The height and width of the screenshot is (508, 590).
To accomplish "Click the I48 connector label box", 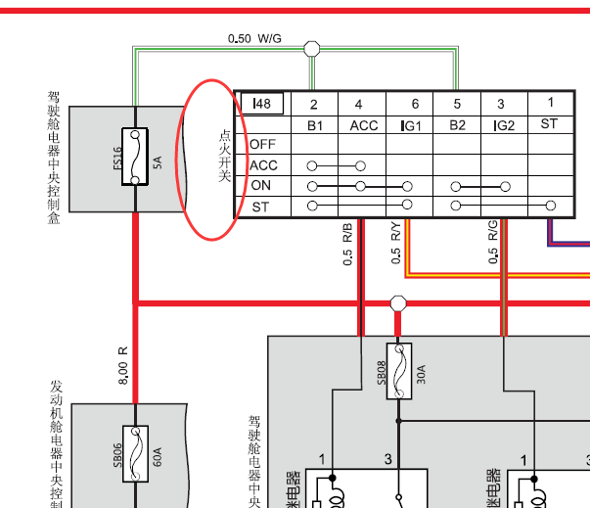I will tap(261, 104).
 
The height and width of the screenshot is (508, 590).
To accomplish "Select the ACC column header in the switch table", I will tap(363, 125).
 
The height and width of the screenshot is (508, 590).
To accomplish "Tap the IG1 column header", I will tap(410, 125).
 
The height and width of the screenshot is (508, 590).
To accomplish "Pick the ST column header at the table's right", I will tap(549, 124).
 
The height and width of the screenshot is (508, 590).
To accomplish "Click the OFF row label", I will tap(262, 144).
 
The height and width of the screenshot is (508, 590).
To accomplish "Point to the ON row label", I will tap(261, 186).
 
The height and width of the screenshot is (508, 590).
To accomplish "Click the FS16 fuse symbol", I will tap(135, 156).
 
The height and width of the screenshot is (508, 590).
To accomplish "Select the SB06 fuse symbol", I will tap(135, 452).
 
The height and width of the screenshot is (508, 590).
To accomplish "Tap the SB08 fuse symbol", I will tap(398, 370).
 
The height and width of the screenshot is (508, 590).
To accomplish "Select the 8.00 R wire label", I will tap(122, 364).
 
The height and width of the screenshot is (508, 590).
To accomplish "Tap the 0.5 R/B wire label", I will tap(347, 245).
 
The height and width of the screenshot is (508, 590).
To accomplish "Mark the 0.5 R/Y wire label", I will tap(395, 245).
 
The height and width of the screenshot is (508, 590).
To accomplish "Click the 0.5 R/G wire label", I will tap(492, 245).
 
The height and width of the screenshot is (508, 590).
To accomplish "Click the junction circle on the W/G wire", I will tap(312, 47).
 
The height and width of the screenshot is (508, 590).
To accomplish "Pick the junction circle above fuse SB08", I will tap(398, 303).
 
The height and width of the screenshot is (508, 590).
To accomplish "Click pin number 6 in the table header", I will tap(415, 104).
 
